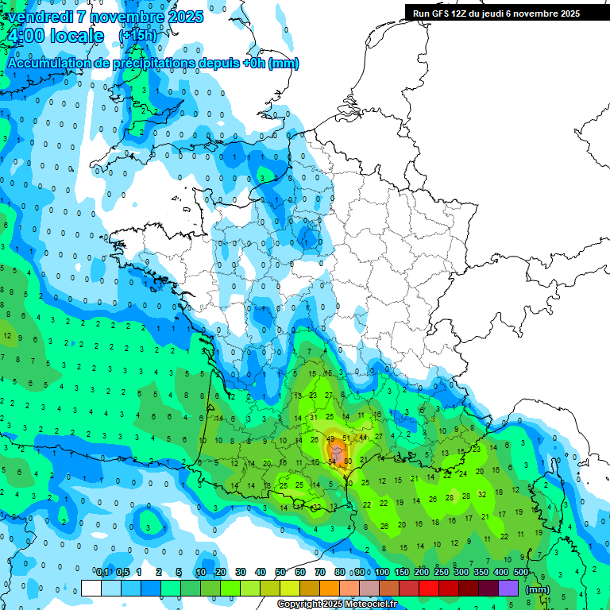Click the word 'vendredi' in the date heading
pyautogui.click(x=41, y=17)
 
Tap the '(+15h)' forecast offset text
pyautogui.click(x=137, y=36)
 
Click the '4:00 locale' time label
pyautogui.click(x=56, y=36)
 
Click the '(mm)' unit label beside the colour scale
pyautogui.click(x=538, y=589)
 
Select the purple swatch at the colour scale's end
pyautogui.click(x=508, y=588)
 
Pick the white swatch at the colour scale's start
pyautogui.click(x=91, y=588)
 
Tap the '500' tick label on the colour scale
pyautogui.click(x=521, y=572)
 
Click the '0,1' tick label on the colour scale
pyautogui.click(x=102, y=572)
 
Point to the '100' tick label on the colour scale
pyautogui.click(x=382, y=572)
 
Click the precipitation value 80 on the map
pyautogui.click(x=348, y=461)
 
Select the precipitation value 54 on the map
pyautogui.click(x=332, y=461)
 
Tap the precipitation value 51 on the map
pyautogui.click(x=346, y=438)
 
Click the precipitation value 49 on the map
pyautogui.click(x=330, y=438)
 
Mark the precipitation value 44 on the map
pyautogui.click(x=363, y=437)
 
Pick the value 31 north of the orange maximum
pyautogui.click(x=314, y=417)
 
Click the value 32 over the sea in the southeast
pyautogui.click(x=482, y=494)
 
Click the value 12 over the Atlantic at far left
pyautogui.click(x=7, y=336)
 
